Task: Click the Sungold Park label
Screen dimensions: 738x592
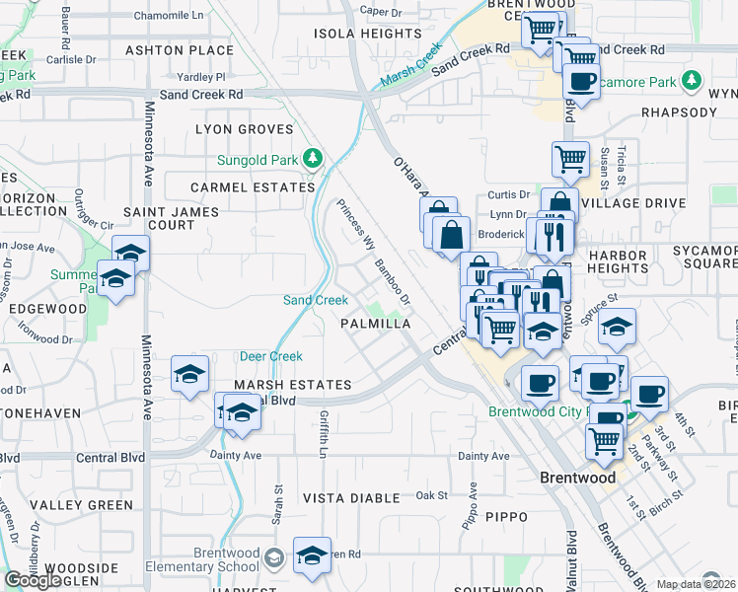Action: tap(258, 160)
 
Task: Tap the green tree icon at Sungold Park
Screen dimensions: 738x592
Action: tap(313, 158)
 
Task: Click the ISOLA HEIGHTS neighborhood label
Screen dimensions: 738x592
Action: tap(354, 34)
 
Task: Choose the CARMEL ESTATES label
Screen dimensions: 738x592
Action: tap(239, 186)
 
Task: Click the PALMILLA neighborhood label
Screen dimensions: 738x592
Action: tap(375, 324)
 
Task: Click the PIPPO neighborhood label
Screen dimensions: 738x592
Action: tap(506, 516)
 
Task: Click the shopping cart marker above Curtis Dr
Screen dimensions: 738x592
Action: tap(570, 158)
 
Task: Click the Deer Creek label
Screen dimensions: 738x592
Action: tap(270, 356)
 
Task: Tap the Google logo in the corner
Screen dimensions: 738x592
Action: tap(34, 580)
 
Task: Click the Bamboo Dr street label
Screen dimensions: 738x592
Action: tap(392, 281)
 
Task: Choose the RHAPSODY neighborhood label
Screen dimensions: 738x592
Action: tap(679, 112)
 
